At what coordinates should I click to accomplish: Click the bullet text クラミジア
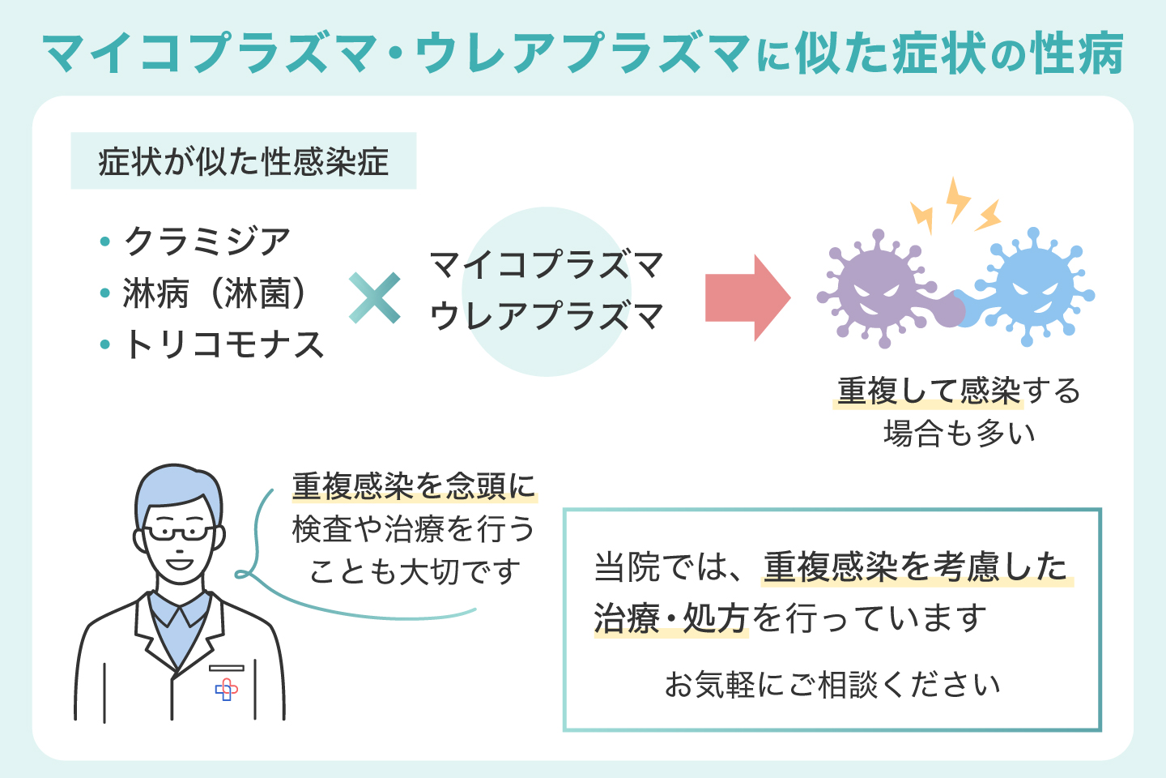[x=207, y=241]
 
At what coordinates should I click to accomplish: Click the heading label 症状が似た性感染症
[x=243, y=161]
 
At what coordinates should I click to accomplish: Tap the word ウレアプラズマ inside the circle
[x=547, y=316]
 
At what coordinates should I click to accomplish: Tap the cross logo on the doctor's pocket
[x=227, y=690]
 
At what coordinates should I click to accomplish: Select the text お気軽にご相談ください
[x=832, y=685]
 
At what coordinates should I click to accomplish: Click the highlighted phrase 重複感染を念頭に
[x=414, y=486]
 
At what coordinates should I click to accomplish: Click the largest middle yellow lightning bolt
[x=957, y=199]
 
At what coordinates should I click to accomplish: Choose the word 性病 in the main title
[x=1077, y=55]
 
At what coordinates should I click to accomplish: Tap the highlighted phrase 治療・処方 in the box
[x=670, y=619]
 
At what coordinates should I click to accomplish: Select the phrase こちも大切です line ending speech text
[x=414, y=572]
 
